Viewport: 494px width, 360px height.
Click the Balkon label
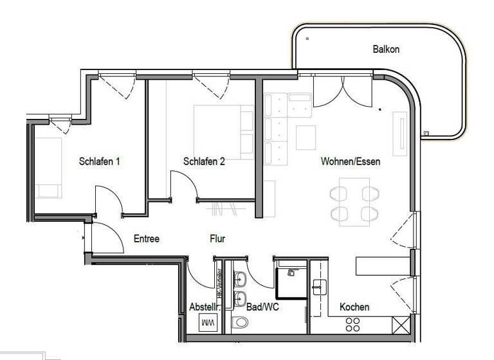386,49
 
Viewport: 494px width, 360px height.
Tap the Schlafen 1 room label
100,161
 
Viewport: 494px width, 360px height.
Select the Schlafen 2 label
204,161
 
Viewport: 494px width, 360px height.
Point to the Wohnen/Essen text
350,161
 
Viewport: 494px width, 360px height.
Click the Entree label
146,239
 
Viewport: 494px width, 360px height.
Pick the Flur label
217,239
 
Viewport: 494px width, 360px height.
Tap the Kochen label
354,307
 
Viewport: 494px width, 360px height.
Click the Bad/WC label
262,307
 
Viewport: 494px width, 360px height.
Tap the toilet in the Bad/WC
240,322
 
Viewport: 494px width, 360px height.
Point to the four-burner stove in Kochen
352,324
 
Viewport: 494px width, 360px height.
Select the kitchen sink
319,287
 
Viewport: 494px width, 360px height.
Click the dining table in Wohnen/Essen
354,203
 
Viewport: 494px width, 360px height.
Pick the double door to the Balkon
343,90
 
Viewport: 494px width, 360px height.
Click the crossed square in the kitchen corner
401,325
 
